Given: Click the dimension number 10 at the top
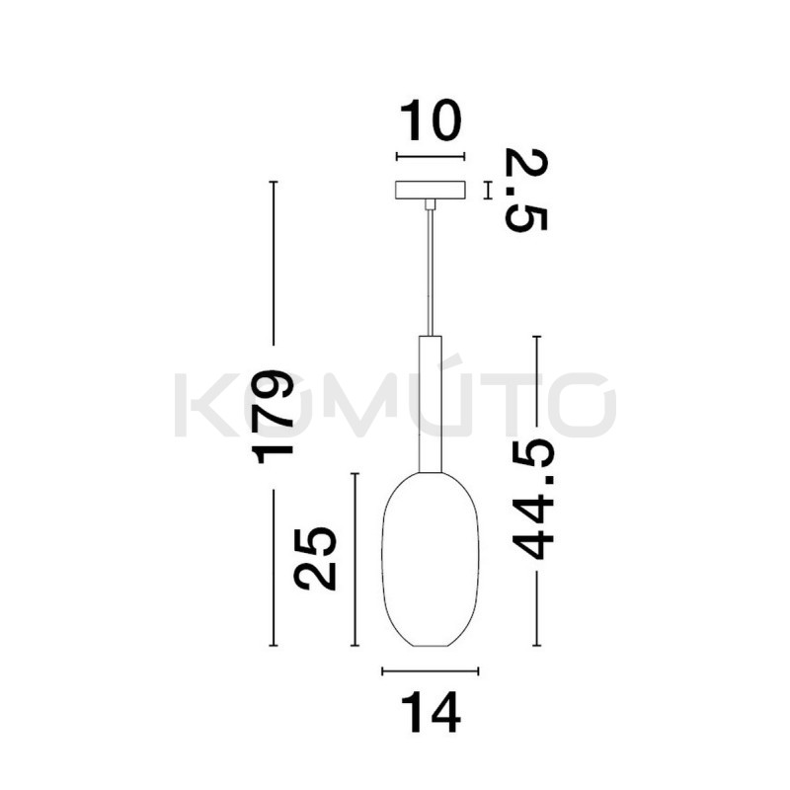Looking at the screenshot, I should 430,121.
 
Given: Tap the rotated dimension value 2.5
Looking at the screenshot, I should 525,190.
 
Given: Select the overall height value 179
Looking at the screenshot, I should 274,416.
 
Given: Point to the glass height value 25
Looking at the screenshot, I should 317,559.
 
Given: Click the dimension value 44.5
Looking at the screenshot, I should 535,501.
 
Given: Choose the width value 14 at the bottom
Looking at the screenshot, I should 430,713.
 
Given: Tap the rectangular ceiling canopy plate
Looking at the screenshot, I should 430,190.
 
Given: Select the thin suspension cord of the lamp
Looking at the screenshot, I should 430,276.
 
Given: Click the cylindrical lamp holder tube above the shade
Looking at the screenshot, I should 430,405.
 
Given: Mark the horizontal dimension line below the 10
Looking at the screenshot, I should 430,156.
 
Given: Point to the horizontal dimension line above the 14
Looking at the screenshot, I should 430,671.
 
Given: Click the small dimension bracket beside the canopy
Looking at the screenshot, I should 487,190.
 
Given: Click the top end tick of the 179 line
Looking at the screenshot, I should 274,183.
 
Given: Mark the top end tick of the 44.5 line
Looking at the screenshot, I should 536,338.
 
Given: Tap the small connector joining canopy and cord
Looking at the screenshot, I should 430,204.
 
